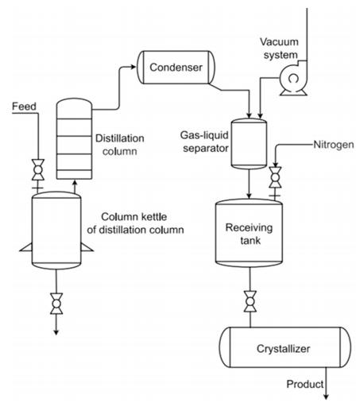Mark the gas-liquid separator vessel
click(250, 143)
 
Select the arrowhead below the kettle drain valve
click(55, 332)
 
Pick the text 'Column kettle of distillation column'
click(142, 223)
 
